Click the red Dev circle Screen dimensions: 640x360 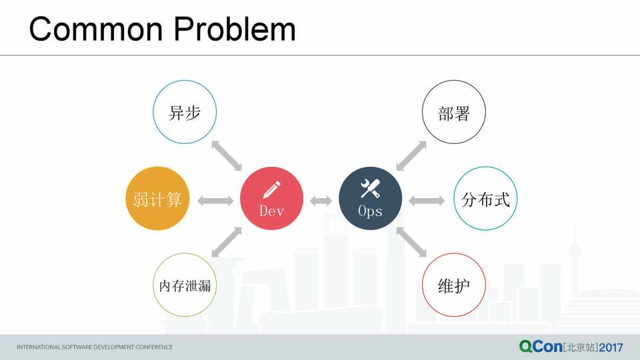(x=271, y=199)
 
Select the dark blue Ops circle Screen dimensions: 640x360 (x=370, y=199)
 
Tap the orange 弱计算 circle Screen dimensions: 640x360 (x=157, y=199)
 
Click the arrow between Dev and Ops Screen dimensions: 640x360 (x=321, y=201)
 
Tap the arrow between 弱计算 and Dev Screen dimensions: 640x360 (x=215, y=201)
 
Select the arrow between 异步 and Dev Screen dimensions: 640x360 (x=227, y=156)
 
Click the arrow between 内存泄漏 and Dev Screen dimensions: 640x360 (x=227, y=242)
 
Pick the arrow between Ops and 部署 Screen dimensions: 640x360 (x=411, y=156)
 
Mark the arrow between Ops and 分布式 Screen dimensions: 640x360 (x=427, y=201)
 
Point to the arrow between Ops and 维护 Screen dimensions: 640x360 (x=411, y=242)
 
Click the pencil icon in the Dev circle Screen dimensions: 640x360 (x=272, y=189)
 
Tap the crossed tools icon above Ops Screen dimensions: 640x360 (x=370, y=188)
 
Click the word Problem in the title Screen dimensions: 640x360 (x=235, y=29)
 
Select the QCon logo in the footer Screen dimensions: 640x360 (x=541, y=347)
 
